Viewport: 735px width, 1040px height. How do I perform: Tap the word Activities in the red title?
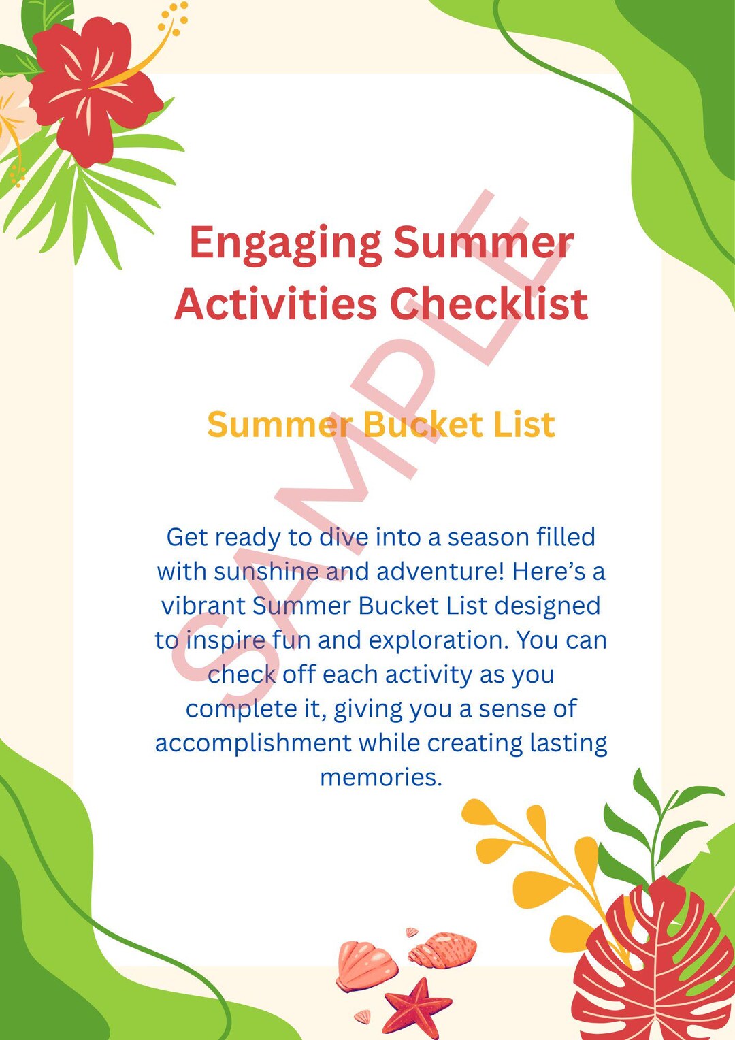276,304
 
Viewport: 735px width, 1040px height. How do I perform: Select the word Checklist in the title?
489,304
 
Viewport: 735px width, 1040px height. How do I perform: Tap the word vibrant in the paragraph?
203,605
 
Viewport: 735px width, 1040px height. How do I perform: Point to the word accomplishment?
253,743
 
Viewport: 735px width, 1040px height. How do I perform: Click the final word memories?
380,777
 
